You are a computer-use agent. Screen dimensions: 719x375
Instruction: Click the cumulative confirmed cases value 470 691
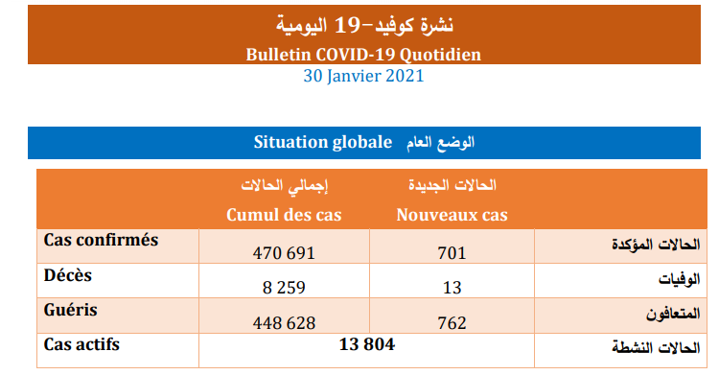tap(284, 253)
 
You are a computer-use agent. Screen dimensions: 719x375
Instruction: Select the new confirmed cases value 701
tap(452, 253)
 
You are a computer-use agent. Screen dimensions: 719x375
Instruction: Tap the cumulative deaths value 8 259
tap(284, 288)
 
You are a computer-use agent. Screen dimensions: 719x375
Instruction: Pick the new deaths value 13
tap(452, 288)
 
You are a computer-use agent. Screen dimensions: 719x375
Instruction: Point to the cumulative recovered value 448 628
tap(284, 322)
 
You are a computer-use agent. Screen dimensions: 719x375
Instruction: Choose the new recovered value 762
tap(452, 322)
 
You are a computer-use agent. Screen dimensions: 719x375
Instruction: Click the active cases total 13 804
tap(367, 344)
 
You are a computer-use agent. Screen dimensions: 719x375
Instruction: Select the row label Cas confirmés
tap(101, 240)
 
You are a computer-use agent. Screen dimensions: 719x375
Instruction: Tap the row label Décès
tap(68, 275)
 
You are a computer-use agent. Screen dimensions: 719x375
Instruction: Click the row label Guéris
tap(71, 310)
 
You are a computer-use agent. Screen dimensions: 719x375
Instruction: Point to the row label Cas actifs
tap(81, 344)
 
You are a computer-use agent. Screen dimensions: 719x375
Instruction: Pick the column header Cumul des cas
tap(284, 215)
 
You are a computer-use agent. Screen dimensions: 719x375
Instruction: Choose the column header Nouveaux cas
tap(452, 215)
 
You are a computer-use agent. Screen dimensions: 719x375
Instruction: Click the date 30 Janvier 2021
tap(363, 76)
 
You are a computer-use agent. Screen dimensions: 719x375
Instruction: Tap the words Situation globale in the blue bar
tap(323, 142)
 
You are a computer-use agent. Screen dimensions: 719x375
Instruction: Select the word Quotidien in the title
tap(440, 55)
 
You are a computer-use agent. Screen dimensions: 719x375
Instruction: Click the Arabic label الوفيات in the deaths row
tap(679, 279)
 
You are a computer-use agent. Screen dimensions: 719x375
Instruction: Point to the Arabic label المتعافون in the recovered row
tap(673, 314)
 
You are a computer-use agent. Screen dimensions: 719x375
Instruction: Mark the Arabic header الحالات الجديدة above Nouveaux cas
tap(452, 185)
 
